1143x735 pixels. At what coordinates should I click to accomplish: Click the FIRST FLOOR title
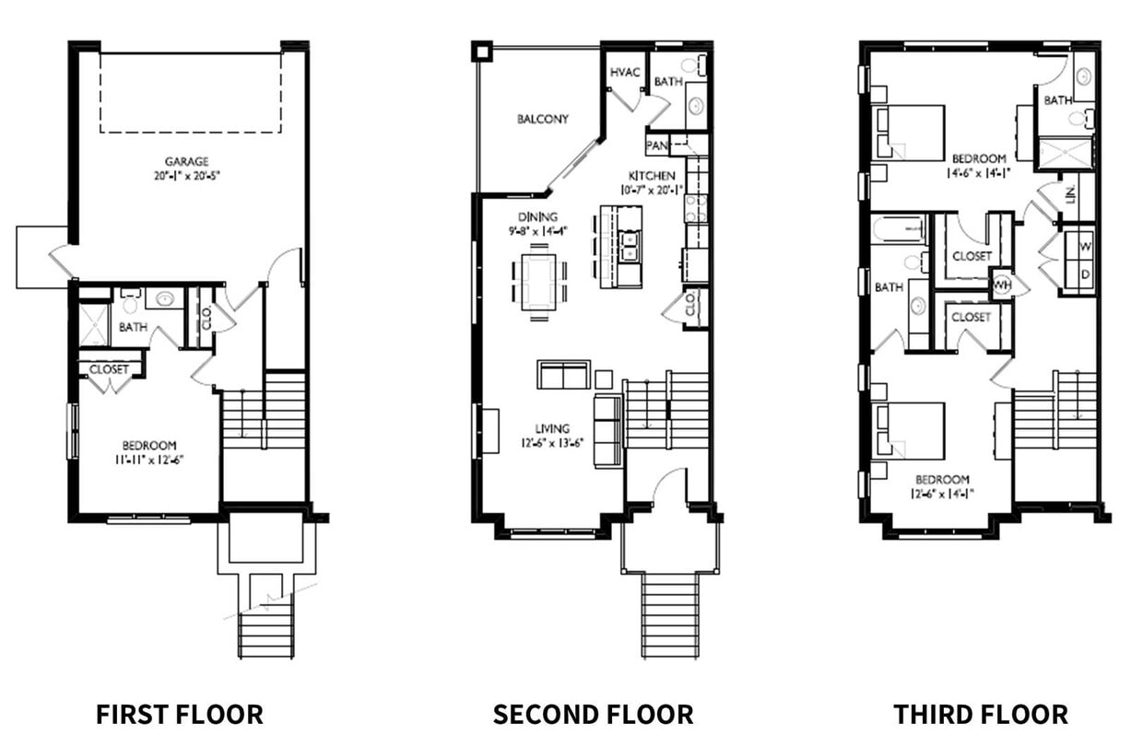point(179,714)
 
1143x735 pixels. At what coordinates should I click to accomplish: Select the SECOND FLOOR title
point(593,714)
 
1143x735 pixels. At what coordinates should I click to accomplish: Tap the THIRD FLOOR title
point(981,714)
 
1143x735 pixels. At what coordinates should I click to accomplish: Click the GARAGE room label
point(187,161)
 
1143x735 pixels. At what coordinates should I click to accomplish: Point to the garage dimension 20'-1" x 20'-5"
point(187,173)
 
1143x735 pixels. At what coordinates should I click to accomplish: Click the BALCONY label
point(542,119)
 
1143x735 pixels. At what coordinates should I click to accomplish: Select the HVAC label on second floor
point(625,73)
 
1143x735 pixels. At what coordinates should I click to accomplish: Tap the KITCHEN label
point(652,176)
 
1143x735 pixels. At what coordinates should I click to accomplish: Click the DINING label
point(537,217)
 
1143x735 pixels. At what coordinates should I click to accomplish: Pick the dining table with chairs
point(540,282)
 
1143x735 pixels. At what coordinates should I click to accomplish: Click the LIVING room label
point(552,428)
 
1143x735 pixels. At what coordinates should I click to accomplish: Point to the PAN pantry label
point(657,145)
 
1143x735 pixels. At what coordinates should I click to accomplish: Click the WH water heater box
point(1001,286)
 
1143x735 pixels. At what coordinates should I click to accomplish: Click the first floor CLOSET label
point(110,369)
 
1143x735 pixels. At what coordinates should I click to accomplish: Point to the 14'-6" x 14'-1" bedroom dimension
point(979,171)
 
